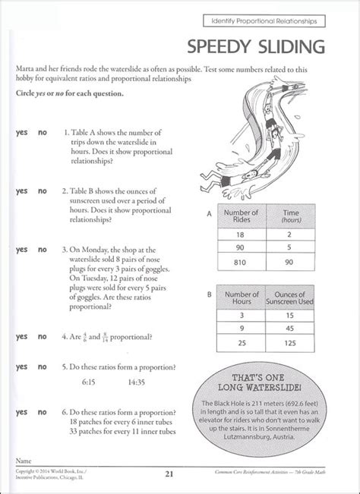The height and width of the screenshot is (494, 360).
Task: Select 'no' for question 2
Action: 43,190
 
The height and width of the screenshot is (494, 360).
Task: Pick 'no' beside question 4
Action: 43,335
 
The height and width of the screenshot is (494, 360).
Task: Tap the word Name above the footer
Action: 26,461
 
